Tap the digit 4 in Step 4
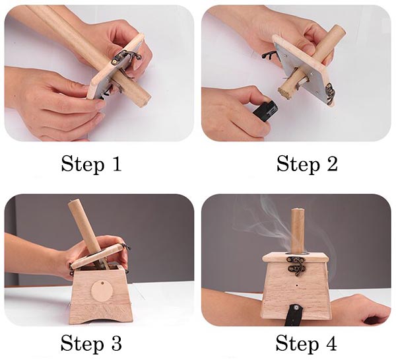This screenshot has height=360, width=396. coord(331,343)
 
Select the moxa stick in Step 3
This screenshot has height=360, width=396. coord(82,228)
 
